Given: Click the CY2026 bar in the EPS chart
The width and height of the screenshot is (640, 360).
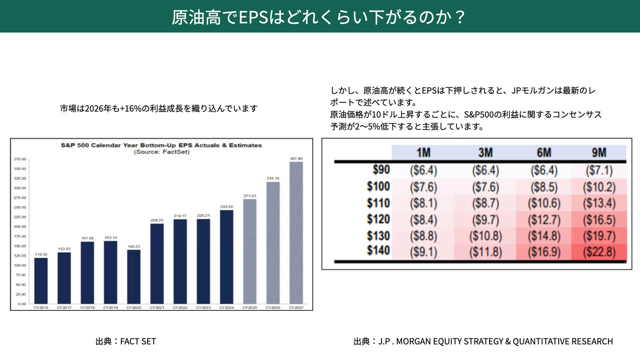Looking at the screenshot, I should [x=273, y=243].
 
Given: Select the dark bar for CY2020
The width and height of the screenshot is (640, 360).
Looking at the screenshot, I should [x=134, y=277].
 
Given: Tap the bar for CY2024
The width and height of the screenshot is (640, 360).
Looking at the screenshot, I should [x=227, y=257].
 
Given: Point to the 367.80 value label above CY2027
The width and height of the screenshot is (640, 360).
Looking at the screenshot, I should [x=296, y=159].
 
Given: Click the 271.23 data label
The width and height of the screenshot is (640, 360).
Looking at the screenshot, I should [x=250, y=196].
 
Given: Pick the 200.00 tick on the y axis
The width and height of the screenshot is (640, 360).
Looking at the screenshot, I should [x=20, y=227].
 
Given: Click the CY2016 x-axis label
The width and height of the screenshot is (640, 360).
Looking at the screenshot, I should [x=41, y=308].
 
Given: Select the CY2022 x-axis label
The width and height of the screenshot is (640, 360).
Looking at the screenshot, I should [x=180, y=308].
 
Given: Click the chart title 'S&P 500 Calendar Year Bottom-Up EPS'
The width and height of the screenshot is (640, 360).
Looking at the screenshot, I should [x=161, y=145].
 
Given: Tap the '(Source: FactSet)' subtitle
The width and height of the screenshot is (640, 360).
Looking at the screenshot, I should [x=162, y=152].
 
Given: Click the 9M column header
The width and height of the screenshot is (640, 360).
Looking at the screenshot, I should [x=599, y=153].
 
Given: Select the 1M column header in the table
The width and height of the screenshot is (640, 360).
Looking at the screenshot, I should [x=423, y=153].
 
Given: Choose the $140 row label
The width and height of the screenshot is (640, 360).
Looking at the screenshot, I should [x=378, y=250].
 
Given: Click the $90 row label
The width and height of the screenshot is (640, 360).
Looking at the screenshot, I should [x=381, y=170].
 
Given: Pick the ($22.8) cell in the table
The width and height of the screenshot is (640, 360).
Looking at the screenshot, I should [x=599, y=252].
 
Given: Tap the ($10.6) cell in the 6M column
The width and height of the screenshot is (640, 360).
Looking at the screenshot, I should [x=544, y=203].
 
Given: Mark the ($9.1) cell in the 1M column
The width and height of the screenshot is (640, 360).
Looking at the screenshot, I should [x=423, y=252].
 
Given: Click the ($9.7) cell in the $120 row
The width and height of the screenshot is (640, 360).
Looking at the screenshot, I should [x=485, y=220].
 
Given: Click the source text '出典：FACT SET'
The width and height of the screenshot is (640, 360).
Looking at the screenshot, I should [x=126, y=341].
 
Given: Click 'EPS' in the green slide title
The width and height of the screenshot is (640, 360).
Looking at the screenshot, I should [x=254, y=17].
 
